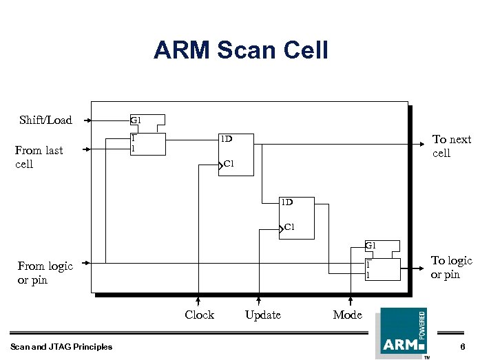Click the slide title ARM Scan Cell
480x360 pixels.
pos(240,50)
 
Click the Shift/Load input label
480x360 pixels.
pos(45,120)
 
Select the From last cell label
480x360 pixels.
pos(39,157)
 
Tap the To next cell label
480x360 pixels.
pos(451,146)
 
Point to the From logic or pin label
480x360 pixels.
pos(45,273)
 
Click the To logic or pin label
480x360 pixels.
pos(451,267)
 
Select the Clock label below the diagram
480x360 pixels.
pos(199,315)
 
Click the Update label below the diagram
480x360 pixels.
pos(262,315)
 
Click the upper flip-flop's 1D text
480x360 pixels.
pos(226,139)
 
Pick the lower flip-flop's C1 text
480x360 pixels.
pos(289,227)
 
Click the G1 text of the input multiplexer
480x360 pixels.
pos(136,120)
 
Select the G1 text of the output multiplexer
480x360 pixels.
pos(371,246)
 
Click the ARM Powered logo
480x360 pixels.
pos(401,332)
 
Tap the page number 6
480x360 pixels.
pos(463,346)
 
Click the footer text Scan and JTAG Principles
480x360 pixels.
pos(61,346)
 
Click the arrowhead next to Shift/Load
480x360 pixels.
pos(89,120)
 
